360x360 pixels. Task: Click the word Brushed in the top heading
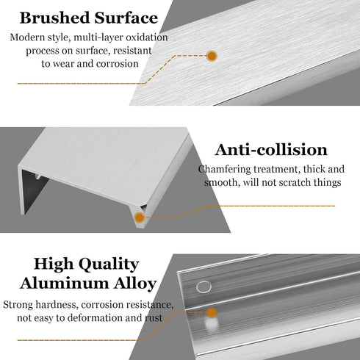coord(54,18)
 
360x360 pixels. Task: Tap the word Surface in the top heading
coord(126,18)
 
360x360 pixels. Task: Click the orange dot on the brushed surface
coord(212,56)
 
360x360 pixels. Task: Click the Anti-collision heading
coord(271,150)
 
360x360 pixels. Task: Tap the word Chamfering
coord(225,170)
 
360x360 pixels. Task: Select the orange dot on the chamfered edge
coord(140,217)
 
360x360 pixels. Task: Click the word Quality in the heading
coord(109,264)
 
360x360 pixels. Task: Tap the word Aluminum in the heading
coord(65,284)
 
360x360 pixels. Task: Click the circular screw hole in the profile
coord(204,287)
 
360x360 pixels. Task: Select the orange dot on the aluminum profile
coord(212,312)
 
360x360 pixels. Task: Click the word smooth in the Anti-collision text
coord(222,182)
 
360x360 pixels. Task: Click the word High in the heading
coord(54,264)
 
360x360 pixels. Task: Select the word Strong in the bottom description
coord(18,305)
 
